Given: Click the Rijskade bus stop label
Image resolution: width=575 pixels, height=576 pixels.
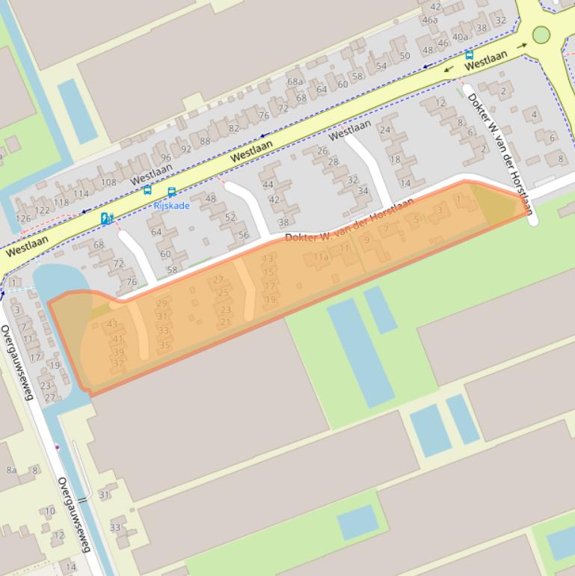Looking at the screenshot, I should coord(172,206).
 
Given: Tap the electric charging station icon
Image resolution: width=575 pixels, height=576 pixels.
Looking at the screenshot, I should coord(106,218).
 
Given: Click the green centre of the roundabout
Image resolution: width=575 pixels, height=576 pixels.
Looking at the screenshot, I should coord(541,34).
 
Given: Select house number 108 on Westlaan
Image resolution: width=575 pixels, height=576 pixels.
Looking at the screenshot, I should coord(108,182).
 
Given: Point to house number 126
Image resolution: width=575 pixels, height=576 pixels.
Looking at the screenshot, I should coord(24,218).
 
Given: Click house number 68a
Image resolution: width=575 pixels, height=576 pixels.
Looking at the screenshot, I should coord(295,82).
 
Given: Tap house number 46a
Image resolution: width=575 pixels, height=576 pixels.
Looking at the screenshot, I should coord(430,20).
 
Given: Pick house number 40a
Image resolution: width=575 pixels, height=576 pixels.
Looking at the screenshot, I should coord(460,37).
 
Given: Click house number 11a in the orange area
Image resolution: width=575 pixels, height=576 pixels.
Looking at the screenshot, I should coord(321,257).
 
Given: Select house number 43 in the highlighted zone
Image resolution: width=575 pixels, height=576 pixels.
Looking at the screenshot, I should coord(112,324).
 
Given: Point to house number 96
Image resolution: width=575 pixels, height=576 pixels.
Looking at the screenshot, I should coord(165,157).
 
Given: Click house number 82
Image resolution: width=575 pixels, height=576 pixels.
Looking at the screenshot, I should coord(234,128).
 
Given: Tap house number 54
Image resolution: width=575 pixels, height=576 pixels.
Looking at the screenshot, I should coord(381,66).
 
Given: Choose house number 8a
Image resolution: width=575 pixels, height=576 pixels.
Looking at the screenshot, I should coord(11,470).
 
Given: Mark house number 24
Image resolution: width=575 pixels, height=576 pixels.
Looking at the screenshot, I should coord(385,129).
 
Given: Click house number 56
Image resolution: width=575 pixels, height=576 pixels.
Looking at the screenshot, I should coord(243,235).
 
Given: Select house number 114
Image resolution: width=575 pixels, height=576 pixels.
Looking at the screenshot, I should coord(81,194).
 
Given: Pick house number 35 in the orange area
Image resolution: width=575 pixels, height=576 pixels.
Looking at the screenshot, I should coord(165,345).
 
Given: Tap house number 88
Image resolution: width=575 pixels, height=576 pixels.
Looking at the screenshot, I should coord(205,141).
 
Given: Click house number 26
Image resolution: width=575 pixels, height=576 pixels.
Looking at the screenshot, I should coord(322,150).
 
